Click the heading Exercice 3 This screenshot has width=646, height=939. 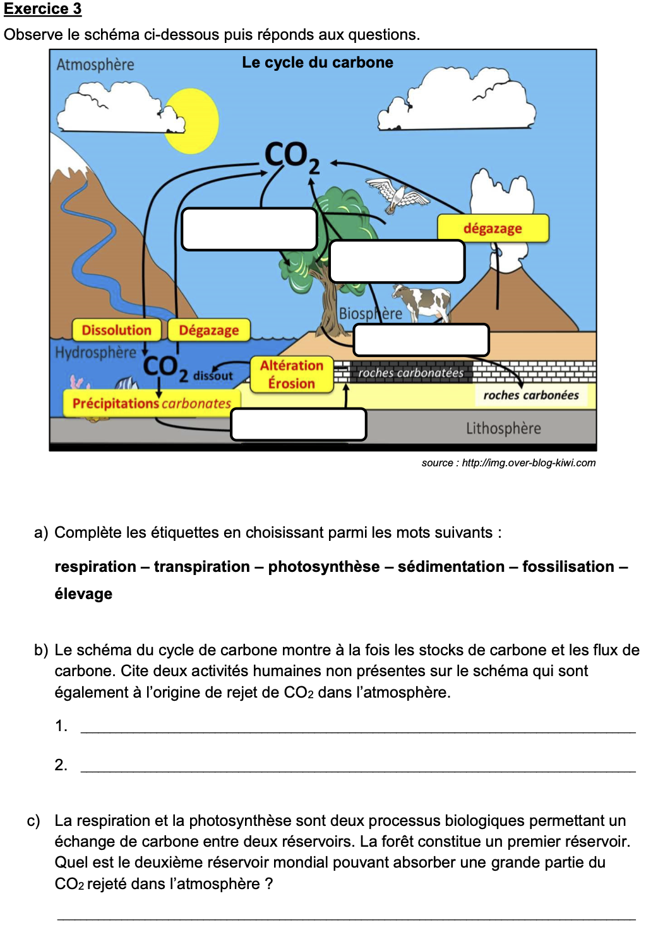pyautogui.click(x=42, y=9)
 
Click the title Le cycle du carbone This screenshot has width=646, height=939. pyautogui.click(x=317, y=63)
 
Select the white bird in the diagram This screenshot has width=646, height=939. pyautogui.click(x=397, y=195)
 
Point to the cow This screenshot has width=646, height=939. pyautogui.click(x=422, y=301)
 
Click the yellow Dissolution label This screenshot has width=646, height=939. pyautogui.click(x=117, y=330)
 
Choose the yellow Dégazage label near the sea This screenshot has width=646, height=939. pyautogui.click(x=208, y=330)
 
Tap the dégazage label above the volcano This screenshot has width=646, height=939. pyautogui.click(x=493, y=228)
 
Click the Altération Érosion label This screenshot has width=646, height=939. pyautogui.click(x=291, y=374)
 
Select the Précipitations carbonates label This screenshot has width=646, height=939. pyautogui.click(x=152, y=403)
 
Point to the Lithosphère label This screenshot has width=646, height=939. pyautogui.click(x=503, y=428)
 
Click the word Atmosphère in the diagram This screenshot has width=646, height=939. pyautogui.click(x=95, y=64)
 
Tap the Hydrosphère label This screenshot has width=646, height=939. pyautogui.click(x=95, y=353)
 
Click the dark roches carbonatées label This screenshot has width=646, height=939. pyautogui.click(x=410, y=373)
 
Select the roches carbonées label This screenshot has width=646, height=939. pyautogui.click(x=530, y=395)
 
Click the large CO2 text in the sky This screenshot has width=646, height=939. pyautogui.click(x=291, y=155)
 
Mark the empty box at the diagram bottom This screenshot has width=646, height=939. pyautogui.click(x=299, y=425)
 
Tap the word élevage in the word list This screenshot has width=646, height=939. pyautogui.click(x=83, y=594)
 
